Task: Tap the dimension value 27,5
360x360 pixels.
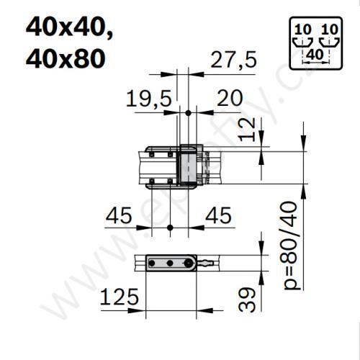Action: (233, 62)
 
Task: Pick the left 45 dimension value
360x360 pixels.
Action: (121, 215)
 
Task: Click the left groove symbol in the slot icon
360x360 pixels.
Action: (303, 42)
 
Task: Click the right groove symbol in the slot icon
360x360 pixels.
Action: (329, 42)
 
